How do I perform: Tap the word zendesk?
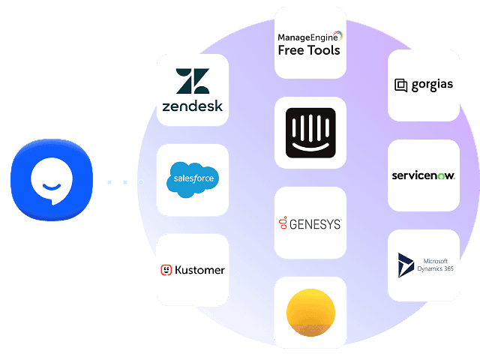pyautogui.click(x=193, y=106)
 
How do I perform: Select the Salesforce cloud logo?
pyautogui.click(x=193, y=178)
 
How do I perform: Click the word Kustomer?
pyautogui.click(x=199, y=270)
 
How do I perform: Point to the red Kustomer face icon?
pyautogui.click(x=166, y=270)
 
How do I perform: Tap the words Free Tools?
pyautogui.click(x=309, y=51)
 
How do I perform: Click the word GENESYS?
pyautogui.click(x=316, y=223)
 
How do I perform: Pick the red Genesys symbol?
pyautogui.click(x=283, y=223)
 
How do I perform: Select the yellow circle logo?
pyautogui.click(x=310, y=313)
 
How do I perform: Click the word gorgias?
pyautogui.click(x=432, y=85)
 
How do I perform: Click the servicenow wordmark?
pyautogui.click(x=423, y=176)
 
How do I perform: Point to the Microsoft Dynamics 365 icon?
pyautogui.click(x=406, y=265)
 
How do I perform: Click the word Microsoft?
pyautogui.click(x=434, y=260)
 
